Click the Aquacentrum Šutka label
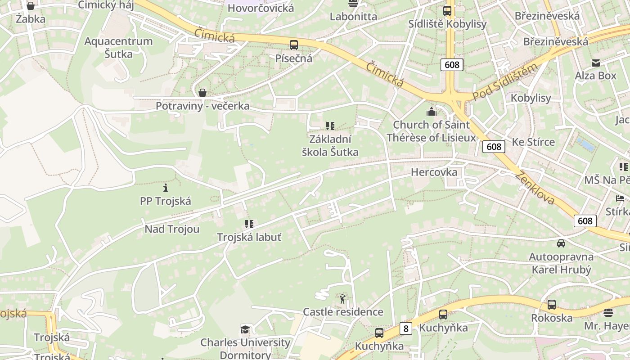119,48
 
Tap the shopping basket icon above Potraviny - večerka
202,93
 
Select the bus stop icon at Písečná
294,45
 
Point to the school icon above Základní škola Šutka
330,126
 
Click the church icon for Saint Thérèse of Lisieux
432,112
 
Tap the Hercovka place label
434,172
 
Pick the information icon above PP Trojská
166,187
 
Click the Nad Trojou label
172,229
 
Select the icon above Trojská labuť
249,224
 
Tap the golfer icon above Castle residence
343,298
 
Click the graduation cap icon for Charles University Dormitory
245,330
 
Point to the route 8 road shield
406,328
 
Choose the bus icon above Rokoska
552,305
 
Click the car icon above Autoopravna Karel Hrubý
561,243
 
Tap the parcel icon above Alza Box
596,63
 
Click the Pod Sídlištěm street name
505,82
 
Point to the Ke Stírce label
533,142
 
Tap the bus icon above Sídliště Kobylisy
447,11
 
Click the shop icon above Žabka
31,6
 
